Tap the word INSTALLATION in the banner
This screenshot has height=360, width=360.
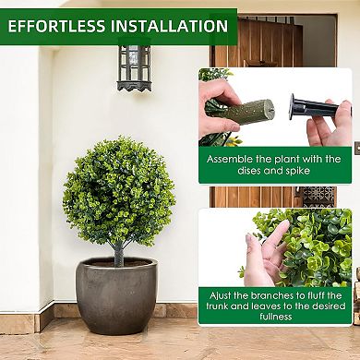click(167, 26)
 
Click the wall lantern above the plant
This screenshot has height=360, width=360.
click(133, 66)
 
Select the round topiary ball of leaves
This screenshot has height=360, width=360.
click(119, 191)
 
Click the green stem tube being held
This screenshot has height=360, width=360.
click(242, 113)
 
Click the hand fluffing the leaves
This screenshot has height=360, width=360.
click(265, 254)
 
